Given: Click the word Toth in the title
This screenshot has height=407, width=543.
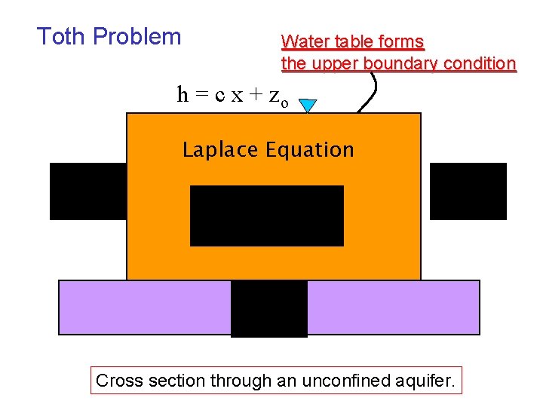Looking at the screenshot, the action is coord(62,36).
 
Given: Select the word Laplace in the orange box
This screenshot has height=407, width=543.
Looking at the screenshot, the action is coord(219,150).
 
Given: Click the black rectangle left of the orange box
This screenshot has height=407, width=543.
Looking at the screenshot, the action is coord(87,191).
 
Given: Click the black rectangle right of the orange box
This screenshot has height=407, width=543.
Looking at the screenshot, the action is coord(468,191).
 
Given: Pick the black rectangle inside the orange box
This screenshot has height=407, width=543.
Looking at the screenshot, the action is coord(267,216).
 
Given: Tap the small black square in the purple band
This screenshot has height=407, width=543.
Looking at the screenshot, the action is coord(269,308).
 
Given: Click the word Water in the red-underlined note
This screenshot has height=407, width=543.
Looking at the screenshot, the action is coord(305,41).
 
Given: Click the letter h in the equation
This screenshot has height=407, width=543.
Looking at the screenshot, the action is coord(183,94).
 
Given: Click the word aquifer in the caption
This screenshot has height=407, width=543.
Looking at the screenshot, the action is coord(425,381).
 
